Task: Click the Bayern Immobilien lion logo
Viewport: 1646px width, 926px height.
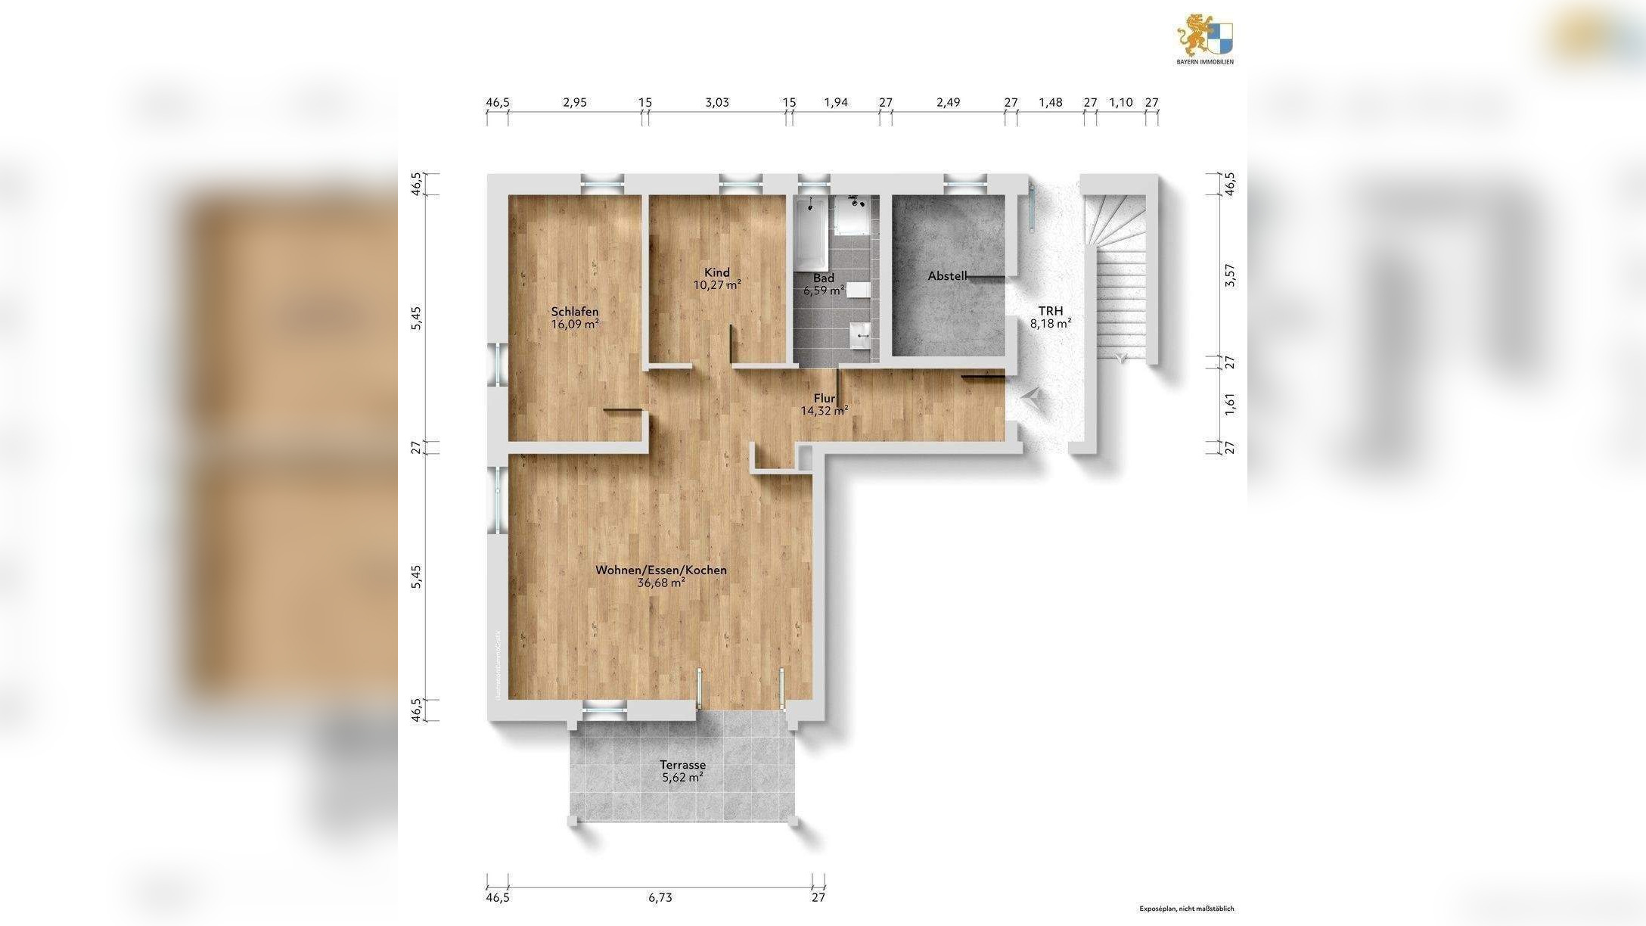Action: tap(1204, 38)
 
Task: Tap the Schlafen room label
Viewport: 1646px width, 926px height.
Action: tap(575, 312)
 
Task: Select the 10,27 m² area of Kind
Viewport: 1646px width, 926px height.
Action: tap(717, 285)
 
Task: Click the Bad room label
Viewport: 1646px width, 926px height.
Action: tap(824, 278)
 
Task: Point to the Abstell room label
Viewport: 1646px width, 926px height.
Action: tap(947, 276)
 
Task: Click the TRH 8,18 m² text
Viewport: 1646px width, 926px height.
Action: tap(1050, 317)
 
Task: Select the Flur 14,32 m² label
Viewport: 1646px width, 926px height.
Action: tap(824, 405)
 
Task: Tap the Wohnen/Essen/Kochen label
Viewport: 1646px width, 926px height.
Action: tap(661, 570)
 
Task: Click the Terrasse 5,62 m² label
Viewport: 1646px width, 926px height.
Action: tap(682, 771)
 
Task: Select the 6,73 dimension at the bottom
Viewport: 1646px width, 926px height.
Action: tap(660, 898)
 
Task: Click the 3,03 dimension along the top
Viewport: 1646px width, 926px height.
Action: tap(717, 102)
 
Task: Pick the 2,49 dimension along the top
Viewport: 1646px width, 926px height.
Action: tap(948, 102)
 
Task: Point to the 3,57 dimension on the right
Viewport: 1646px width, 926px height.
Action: tap(1230, 275)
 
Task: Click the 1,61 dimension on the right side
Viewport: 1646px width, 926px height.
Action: tap(1230, 403)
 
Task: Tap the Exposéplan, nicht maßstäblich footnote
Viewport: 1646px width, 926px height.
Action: tap(1186, 909)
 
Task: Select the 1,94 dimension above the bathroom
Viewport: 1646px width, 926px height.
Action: tap(836, 102)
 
